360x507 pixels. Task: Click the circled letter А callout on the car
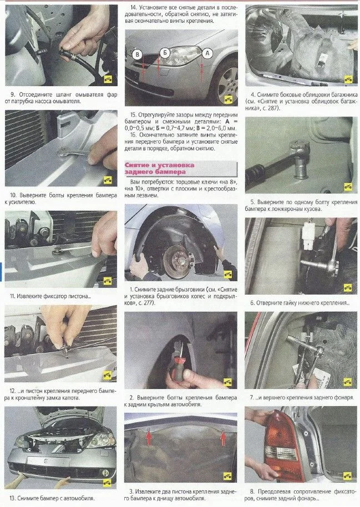(207, 53)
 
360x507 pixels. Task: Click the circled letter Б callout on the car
(165, 53)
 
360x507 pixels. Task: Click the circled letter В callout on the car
(138, 54)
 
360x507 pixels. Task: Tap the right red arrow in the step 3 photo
(223, 438)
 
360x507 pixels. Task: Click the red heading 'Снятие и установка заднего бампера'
(160, 168)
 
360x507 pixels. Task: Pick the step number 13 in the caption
(13, 498)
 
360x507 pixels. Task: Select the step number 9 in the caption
(13, 95)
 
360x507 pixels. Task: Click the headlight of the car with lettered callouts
(181, 55)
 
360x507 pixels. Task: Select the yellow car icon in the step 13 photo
(107, 482)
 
